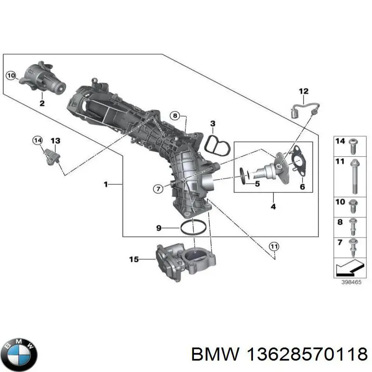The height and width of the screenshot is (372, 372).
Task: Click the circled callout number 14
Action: [37, 140]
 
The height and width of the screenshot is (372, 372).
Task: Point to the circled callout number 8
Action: [174, 115]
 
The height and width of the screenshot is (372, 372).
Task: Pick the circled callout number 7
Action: [158, 188]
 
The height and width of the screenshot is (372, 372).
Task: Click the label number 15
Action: [134, 259]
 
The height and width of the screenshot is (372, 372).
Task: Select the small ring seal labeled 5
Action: [244, 175]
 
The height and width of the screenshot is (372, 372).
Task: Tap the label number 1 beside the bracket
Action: [106, 185]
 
